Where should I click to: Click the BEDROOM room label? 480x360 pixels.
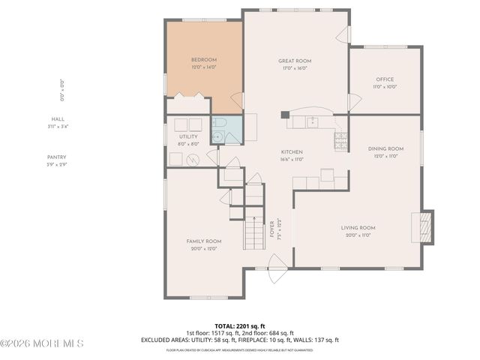pos(203,60)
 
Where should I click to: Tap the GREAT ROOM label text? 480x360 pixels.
pos(295,61)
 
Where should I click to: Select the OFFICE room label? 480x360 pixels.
pos(384,79)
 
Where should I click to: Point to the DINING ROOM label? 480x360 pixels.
pos(385,149)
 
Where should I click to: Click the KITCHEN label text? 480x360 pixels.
pos(292,152)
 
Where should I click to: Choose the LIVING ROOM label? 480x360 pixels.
pos(358,228)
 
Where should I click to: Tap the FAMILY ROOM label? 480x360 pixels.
pos(204,241)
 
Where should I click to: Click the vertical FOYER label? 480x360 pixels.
pos(272,228)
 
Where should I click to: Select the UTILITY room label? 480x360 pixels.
pos(188,137)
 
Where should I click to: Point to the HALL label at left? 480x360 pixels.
pos(58,119)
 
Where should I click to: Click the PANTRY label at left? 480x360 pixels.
pos(58,157)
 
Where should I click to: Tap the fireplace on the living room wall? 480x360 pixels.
pos(425,227)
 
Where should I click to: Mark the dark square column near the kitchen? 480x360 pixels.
pos(285,115)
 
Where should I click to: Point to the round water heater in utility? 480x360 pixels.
pos(193,159)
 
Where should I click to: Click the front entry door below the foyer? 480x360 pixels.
pos(277,263)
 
